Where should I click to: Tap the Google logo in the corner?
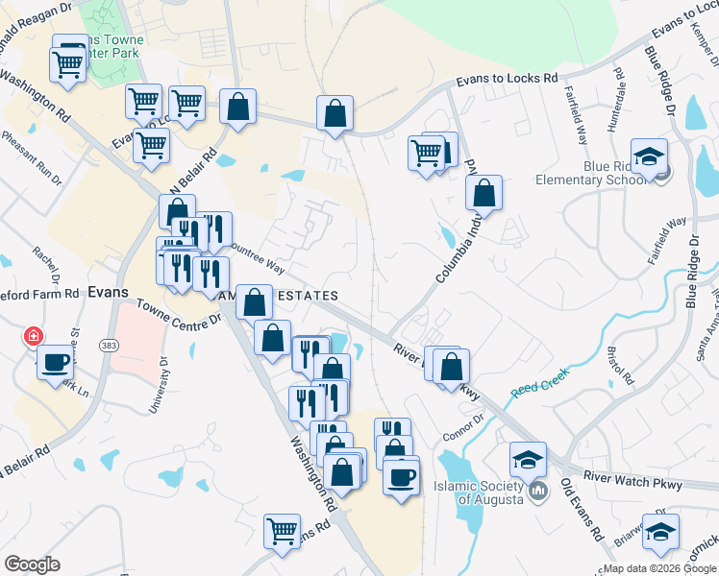point(32,564)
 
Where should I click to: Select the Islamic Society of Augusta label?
point(478,492)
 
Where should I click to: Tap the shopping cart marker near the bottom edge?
point(283,530)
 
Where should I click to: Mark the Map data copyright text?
point(658,568)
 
